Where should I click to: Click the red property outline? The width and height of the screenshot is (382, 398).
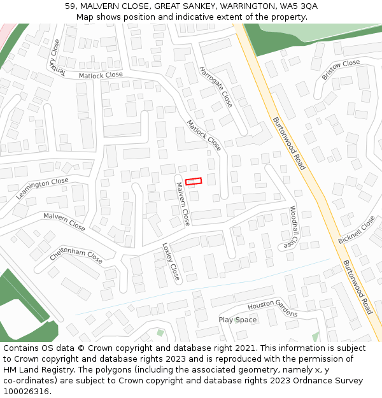tap(194, 181)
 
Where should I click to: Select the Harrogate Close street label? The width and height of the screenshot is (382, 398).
tap(216, 86)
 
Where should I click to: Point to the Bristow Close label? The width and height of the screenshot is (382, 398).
tap(341, 69)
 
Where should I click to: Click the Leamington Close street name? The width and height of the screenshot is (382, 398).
tap(42, 188)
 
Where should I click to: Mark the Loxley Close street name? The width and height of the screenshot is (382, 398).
tap(171, 262)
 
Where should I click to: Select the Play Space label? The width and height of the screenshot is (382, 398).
tap(237, 320)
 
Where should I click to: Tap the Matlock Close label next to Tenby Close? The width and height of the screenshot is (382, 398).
tap(101, 75)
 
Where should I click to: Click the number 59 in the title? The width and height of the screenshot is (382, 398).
tap(70, 6)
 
